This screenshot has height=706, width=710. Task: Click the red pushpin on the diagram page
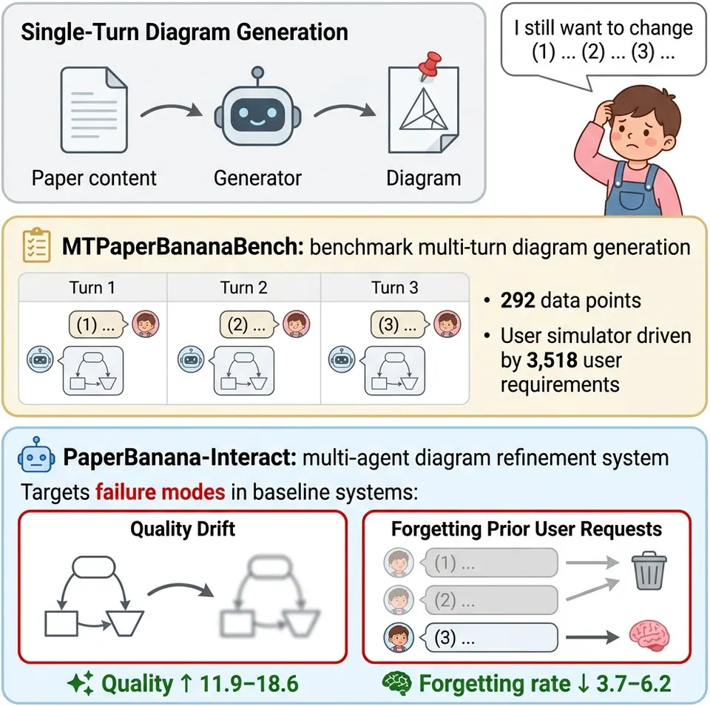click(429, 66)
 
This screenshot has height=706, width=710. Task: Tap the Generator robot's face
click(257, 114)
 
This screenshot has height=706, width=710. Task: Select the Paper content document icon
click(94, 110)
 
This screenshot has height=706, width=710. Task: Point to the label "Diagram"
click(423, 178)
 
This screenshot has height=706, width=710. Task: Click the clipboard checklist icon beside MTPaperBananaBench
click(37, 245)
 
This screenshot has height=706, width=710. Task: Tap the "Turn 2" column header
click(243, 288)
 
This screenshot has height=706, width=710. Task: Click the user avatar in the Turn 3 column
click(447, 324)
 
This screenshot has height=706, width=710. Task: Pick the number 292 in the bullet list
click(518, 300)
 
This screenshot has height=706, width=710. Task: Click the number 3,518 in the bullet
click(552, 360)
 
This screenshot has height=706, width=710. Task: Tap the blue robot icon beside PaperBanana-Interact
click(36, 456)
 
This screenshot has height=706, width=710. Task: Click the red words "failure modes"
click(160, 492)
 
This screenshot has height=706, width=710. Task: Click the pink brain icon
click(649, 636)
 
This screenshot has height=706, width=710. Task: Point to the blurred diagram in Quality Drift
click(270, 597)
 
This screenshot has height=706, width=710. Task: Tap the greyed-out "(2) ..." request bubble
click(490, 600)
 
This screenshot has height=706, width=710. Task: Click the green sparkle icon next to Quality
click(80, 683)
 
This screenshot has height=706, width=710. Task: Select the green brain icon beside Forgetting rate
click(396, 683)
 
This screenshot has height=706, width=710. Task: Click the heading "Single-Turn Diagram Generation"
click(185, 33)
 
